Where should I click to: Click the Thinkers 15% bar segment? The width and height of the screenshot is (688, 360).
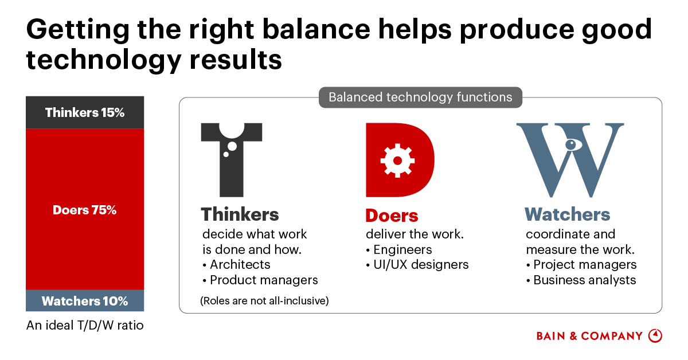coord(85,112)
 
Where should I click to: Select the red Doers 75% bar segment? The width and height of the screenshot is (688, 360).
coord(85,209)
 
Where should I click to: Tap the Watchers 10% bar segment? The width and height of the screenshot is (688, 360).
coord(85,301)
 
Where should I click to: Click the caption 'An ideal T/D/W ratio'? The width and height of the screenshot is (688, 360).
coord(85,325)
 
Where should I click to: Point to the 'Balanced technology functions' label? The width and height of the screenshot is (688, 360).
coord(420,97)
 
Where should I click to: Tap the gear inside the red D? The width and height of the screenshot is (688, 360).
coord(397,161)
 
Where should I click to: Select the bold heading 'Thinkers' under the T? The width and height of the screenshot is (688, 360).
coord(240,214)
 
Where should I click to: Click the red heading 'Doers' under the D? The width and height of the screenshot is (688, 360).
coord(392,216)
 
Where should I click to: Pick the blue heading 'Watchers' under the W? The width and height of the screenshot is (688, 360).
coord(567,214)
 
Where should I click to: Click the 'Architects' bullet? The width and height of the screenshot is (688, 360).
coord(236,264)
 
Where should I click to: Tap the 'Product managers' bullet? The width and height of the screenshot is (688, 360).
coord(260,280)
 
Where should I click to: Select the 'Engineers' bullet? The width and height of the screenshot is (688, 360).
coord(399,250)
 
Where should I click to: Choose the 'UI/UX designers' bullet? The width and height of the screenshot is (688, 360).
coord(417,264)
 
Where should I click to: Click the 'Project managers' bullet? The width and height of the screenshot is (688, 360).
coord(581,264)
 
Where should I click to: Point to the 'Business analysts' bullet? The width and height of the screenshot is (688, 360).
coord(581,280)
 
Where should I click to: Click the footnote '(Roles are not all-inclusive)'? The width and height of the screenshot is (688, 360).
coord(264,301)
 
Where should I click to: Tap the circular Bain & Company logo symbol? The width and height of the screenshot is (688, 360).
coord(655,336)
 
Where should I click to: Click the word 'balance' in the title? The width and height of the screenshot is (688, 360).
coord(316,29)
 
